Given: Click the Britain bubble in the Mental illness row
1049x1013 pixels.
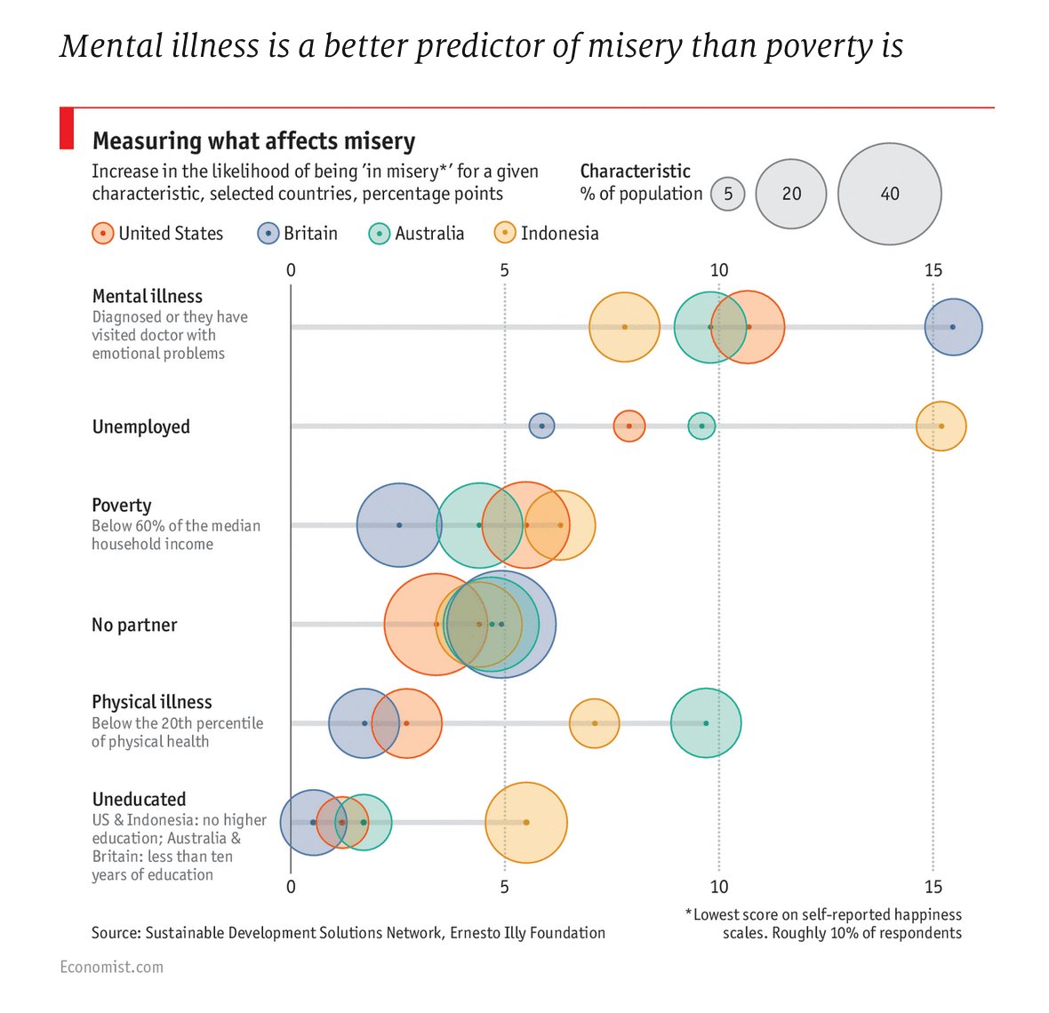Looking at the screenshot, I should click(x=953, y=327).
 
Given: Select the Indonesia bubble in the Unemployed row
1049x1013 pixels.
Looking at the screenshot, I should click(x=941, y=427).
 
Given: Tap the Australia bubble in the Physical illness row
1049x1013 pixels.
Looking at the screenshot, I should click(x=706, y=723).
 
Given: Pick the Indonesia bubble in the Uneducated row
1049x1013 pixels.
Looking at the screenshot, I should click(x=526, y=823).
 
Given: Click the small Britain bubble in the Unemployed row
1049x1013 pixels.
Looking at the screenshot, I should click(x=541, y=427).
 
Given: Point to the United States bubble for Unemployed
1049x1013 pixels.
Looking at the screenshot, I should click(x=629, y=427).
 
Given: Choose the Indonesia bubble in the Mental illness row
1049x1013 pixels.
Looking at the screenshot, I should click(x=624, y=327).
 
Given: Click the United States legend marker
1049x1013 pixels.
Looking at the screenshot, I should click(x=103, y=234).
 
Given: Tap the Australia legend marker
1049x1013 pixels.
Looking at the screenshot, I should click(x=380, y=234).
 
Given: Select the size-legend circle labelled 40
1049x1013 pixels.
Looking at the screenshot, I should click(x=889, y=194).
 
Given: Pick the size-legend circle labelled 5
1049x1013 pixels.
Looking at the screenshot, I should click(x=728, y=194).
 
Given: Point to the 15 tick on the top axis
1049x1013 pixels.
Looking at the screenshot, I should click(x=933, y=269).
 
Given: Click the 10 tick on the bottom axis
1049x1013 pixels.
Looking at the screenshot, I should click(x=718, y=886).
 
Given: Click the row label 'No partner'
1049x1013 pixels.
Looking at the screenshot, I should click(x=134, y=625).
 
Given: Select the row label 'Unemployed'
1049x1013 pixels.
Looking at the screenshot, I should click(x=140, y=427).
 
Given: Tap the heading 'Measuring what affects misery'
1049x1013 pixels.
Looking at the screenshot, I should click(x=253, y=141).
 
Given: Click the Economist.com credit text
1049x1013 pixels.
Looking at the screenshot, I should click(x=111, y=967).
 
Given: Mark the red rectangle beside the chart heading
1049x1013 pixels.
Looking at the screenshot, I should click(x=66, y=128).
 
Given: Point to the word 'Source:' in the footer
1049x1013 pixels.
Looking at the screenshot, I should click(x=116, y=933).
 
